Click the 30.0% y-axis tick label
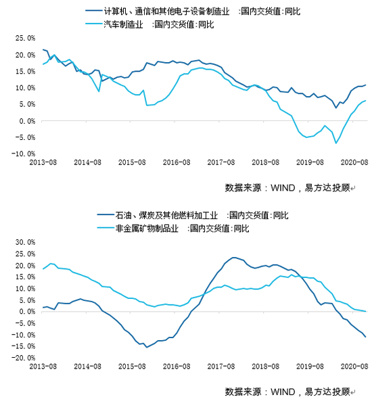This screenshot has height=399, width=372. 24,242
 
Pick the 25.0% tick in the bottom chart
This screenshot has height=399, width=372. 24,254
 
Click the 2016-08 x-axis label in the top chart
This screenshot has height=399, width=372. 176,163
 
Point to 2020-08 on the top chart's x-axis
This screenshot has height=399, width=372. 352,163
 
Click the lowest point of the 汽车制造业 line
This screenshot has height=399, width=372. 335,143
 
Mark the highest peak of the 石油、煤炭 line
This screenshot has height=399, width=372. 234,258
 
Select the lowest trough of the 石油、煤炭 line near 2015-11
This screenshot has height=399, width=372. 147,347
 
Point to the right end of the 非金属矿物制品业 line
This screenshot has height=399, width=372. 366,311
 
